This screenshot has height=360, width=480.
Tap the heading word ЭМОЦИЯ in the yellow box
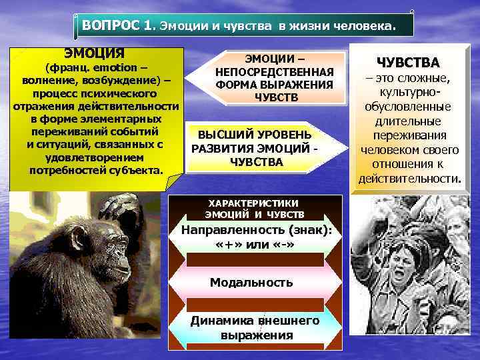coord(94,53)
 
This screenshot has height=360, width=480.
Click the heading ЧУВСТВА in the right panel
coord(408,63)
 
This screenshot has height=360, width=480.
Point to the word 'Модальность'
coord(251,282)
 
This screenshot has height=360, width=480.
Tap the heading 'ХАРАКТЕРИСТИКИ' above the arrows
coord(254,203)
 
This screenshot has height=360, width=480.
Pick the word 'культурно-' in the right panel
coord(409,93)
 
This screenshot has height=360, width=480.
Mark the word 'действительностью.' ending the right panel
coord(409,179)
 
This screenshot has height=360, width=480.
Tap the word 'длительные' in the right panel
coord(409,121)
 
